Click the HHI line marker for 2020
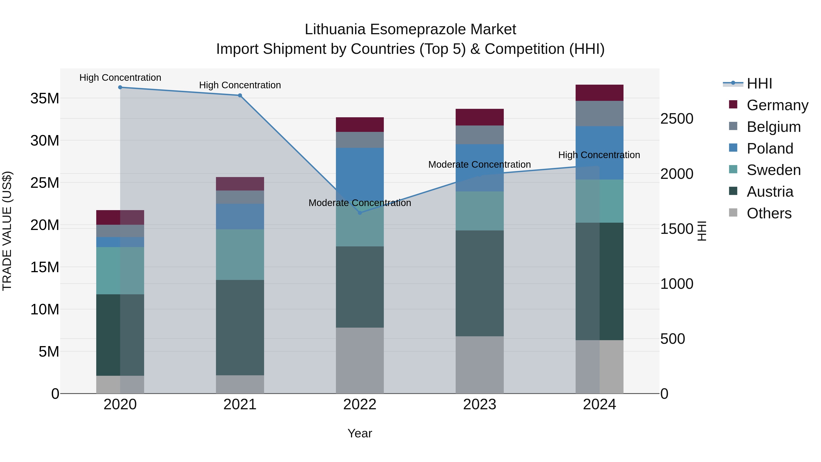click(x=120, y=87)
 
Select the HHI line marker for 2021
click(x=240, y=95)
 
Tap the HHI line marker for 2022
click(x=360, y=213)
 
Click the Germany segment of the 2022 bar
click(x=360, y=125)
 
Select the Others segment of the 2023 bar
click(x=479, y=365)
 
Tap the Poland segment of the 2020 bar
click(x=120, y=242)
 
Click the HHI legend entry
click(x=759, y=84)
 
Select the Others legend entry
click(x=769, y=213)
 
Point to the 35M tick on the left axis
click(x=45, y=99)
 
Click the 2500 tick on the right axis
click(x=677, y=119)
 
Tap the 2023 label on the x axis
click(x=479, y=405)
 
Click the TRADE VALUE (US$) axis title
click(x=7, y=231)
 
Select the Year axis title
click(x=360, y=433)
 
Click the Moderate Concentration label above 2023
click(x=479, y=164)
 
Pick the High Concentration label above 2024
click(x=599, y=155)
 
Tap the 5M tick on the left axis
click(x=49, y=352)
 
